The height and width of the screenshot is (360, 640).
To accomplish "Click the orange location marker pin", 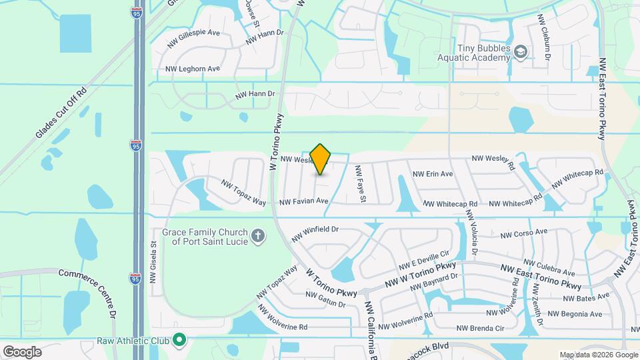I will coord(321,159).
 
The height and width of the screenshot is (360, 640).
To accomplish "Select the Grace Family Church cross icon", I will coord(258,235).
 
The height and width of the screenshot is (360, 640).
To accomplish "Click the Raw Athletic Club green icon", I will coord(178,340).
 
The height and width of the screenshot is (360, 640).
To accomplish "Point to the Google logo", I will coord(21,351).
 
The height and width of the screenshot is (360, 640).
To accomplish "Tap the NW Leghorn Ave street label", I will coord(193,69).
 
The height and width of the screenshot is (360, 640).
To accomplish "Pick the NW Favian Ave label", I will coord(304,201).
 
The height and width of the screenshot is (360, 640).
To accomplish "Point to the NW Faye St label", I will coord(360,184).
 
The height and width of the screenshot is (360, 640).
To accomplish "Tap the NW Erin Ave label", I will coord(433,174).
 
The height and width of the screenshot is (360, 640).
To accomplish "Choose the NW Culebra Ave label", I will coord(549,268).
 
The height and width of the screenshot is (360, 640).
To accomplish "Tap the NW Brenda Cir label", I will coord(480,328).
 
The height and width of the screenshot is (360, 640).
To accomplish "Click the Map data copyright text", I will coord(597,355).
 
